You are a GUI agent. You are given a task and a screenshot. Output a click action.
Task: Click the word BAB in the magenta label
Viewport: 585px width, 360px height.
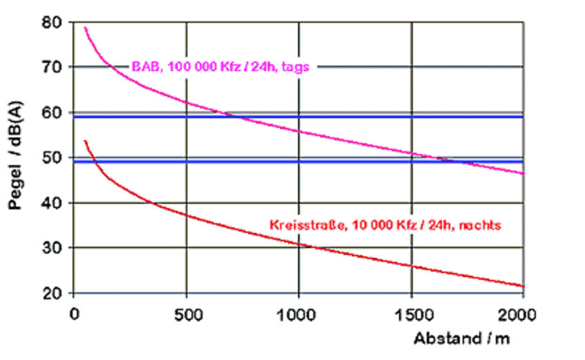click(144, 68)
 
